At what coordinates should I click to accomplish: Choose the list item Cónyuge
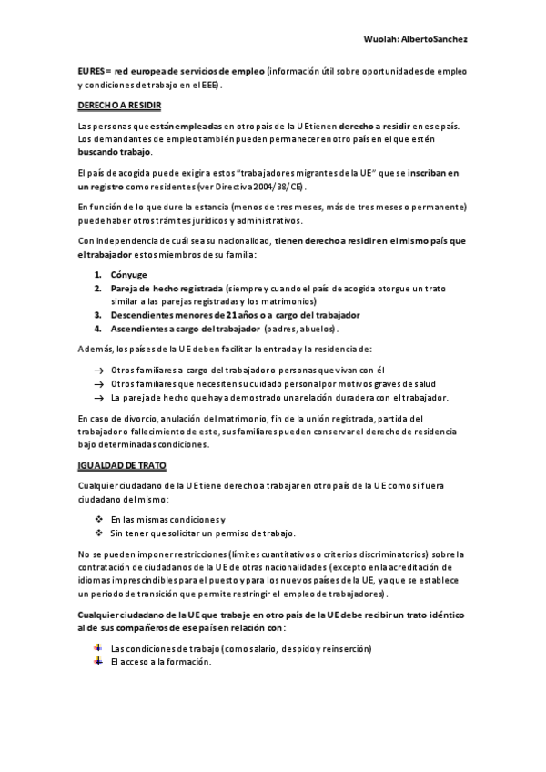tap(128, 274)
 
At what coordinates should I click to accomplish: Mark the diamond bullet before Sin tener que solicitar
tap(98, 533)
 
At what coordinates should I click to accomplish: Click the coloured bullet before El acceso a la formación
tap(98, 661)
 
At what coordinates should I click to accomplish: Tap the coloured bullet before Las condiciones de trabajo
tap(98, 647)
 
